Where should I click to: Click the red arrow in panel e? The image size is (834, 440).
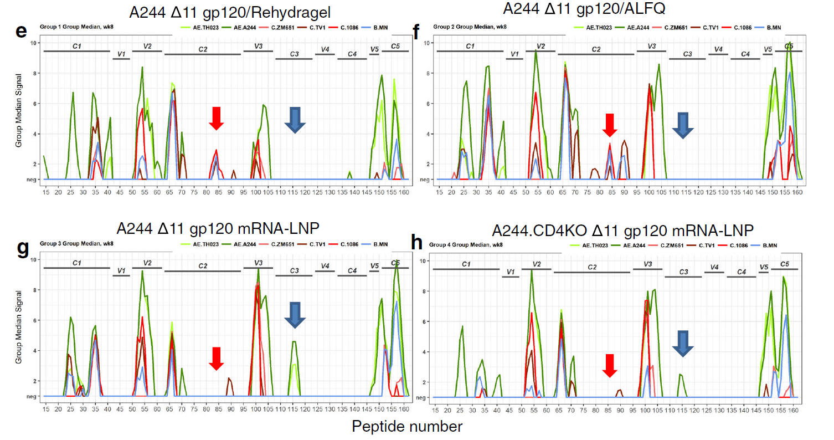(x=217, y=118)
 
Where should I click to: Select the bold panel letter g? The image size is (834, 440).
(x=23, y=249)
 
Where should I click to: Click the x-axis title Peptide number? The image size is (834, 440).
(x=407, y=426)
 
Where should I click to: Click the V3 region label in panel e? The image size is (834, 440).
(x=258, y=45)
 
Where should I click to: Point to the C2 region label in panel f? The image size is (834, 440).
(x=596, y=49)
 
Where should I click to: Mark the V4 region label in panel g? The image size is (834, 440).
(x=325, y=266)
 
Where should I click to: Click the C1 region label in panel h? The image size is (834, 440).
(x=466, y=264)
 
